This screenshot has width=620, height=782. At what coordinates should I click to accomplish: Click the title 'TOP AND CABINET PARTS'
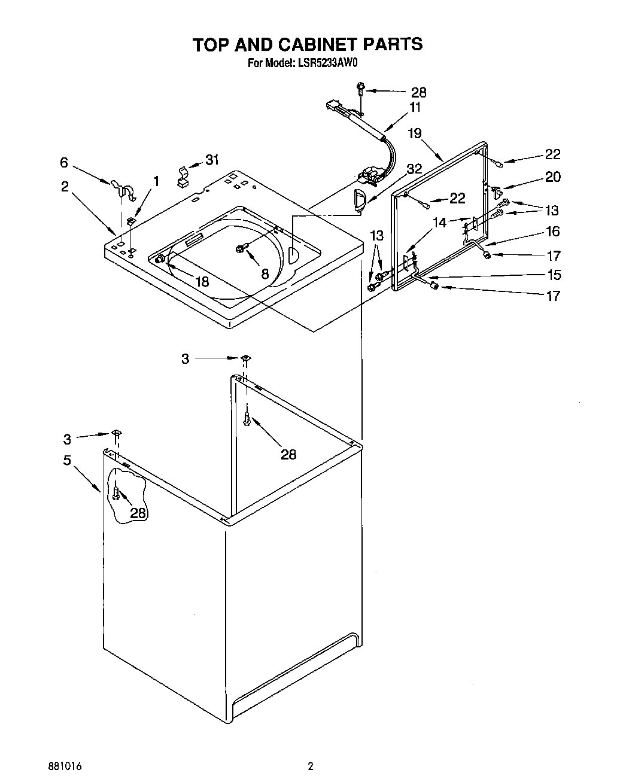tap(308, 44)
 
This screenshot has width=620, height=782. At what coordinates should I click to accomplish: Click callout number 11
tap(415, 108)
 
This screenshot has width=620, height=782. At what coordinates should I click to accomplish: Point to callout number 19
tap(415, 133)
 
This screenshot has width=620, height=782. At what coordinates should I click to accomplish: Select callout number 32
tap(414, 168)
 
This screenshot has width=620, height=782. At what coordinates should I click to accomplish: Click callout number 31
tap(212, 160)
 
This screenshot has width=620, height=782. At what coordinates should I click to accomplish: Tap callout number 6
tap(64, 162)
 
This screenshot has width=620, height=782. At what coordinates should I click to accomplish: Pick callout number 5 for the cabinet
tap(67, 460)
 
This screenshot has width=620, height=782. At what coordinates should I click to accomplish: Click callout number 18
tap(202, 281)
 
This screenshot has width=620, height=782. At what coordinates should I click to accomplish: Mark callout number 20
tap(552, 177)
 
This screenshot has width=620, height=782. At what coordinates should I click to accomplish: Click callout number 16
tap(552, 232)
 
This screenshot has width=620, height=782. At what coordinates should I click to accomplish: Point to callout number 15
tap(554, 275)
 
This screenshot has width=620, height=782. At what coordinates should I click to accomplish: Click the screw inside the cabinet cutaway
tap(117, 494)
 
